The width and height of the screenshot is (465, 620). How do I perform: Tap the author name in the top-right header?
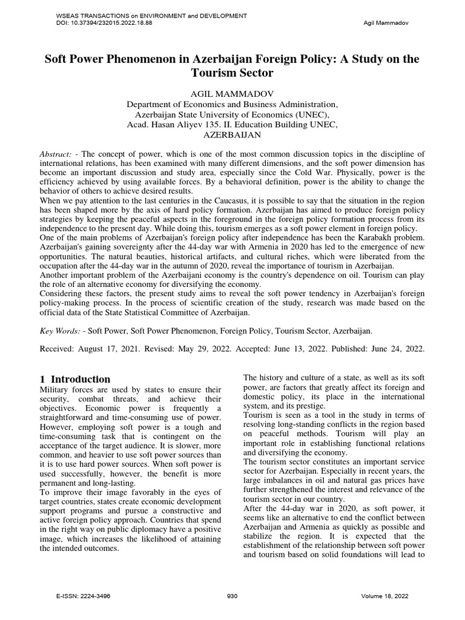tap(387, 23)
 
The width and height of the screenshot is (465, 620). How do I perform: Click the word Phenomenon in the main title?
tap(152, 59)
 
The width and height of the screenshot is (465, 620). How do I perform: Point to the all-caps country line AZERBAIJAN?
tap(232, 134)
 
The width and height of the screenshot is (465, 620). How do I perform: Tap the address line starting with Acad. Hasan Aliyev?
tap(232, 124)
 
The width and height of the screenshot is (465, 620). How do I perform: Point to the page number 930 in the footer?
tap(232, 596)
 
